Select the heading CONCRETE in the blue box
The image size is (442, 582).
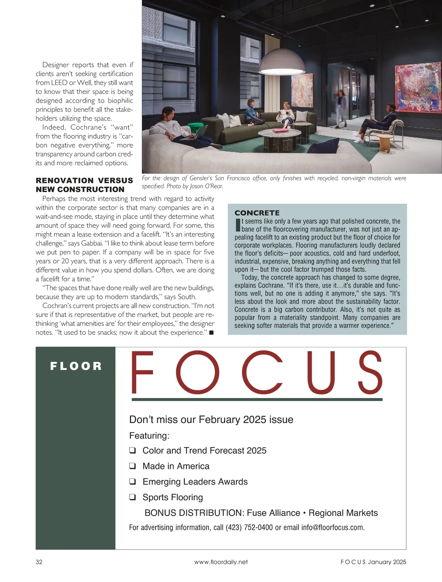point(257,213)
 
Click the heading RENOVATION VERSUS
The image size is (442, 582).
point(84,180)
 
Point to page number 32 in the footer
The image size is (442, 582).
point(39,562)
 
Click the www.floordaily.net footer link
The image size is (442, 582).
point(221,562)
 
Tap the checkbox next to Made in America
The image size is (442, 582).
point(133,466)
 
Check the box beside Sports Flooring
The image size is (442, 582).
point(133,497)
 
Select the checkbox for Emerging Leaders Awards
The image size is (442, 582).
point(133,482)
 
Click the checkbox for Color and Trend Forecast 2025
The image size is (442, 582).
point(133,450)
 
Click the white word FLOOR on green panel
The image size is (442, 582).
point(76,366)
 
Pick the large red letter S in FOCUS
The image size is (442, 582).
point(370,372)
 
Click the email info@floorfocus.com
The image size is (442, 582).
point(333,528)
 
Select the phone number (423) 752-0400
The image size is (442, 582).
point(249,528)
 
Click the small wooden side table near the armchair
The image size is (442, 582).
point(385,143)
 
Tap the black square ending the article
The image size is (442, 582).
point(211,333)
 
